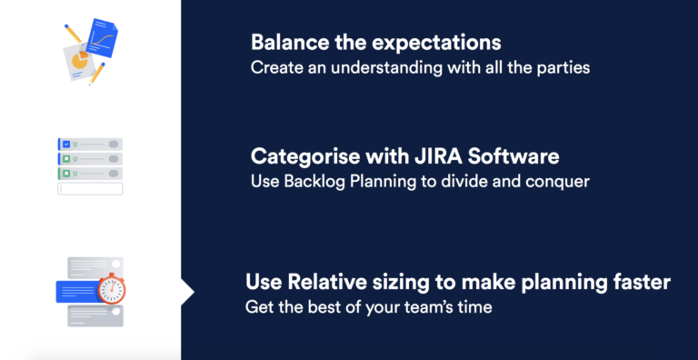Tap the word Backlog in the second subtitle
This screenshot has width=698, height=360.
(311, 182)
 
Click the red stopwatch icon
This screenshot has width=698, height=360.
(112, 289)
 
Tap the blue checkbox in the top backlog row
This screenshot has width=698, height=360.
(65, 144)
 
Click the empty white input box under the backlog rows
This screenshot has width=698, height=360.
(89, 188)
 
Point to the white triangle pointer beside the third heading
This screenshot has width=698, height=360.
(187, 292)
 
